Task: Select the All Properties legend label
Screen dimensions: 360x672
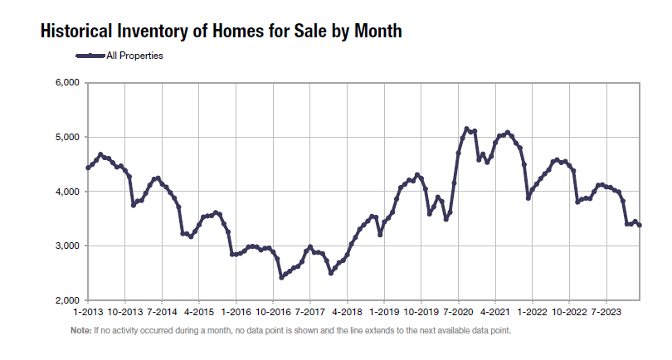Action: (x=134, y=56)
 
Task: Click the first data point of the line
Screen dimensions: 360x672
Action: (x=88, y=168)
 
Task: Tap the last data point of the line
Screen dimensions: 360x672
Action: (x=639, y=225)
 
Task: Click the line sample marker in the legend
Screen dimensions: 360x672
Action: (x=90, y=56)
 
